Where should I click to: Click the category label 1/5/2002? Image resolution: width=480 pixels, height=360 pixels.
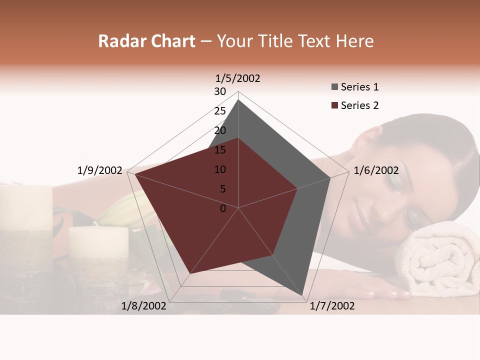pos(237,78)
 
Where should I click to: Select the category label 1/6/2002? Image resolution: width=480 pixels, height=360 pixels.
pos(376,170)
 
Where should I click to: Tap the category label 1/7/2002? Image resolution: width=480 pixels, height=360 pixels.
pos(332,306)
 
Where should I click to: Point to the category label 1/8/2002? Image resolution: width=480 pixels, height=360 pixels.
pos(144,306)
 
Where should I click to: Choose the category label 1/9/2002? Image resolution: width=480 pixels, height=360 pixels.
pos(100,170)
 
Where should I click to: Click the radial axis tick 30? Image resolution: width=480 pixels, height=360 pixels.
pos(220,91)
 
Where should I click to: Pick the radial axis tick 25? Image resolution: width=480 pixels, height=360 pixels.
pos(220,111)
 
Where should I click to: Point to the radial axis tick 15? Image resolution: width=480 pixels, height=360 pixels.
pos(220,150)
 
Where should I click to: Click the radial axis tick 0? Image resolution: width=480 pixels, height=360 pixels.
pos(223,208)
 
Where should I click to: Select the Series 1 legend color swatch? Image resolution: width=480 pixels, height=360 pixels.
pos(334,87)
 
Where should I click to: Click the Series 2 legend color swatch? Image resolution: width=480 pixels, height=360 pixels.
pos(334,105)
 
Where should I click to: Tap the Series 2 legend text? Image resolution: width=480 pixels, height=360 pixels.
pos(359,105)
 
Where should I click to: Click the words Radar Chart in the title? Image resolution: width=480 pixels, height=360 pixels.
pos(146,41)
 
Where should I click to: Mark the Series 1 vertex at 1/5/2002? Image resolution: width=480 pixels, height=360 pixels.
pos(238,100)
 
